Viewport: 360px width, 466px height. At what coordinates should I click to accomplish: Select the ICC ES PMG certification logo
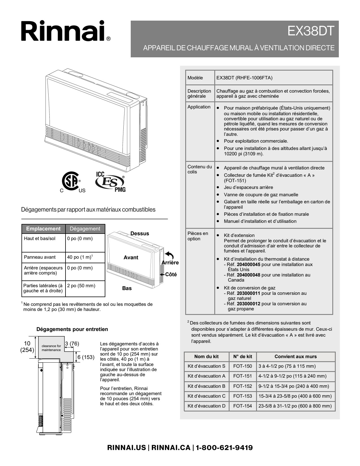[110, 182]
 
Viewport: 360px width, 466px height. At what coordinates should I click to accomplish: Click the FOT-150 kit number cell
[242, 366]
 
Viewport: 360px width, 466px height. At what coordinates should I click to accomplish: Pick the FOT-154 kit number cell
[242, 406]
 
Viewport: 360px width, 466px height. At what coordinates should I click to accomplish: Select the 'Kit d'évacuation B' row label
[206, 386]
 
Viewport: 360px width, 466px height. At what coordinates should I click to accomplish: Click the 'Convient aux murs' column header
[295, 356]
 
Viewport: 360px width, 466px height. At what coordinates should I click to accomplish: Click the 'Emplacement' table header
[43, 228]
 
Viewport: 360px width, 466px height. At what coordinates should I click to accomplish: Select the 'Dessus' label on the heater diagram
[139, 234]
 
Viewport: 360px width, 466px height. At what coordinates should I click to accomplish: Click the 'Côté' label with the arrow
[171, 275]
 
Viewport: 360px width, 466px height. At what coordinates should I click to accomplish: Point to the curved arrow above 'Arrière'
[169, 255]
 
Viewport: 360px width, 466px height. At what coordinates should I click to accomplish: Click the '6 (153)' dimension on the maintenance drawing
[86, 357]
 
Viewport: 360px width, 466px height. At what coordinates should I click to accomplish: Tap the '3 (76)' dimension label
[72, 343]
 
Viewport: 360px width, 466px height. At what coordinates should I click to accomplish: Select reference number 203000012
[248, 304]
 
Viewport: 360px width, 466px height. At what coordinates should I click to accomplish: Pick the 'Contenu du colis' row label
[200, 169]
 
